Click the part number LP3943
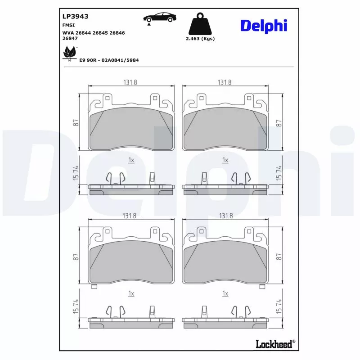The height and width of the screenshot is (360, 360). pos(75,16)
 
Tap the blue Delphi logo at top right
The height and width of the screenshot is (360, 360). pos(263,26)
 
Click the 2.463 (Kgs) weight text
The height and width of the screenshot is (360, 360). pos(200,39)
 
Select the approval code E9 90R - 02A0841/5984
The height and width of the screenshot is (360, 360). pos(108,59)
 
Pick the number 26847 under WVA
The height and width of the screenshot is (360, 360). pos(71,39)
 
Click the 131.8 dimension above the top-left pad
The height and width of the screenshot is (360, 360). pos(130,82)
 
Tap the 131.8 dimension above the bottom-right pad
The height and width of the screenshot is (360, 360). pos(225,216)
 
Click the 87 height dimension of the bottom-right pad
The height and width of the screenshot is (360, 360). pos(279,256)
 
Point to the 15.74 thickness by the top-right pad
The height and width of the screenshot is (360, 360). pos(279,174)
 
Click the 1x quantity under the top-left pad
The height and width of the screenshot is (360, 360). pos(131,160)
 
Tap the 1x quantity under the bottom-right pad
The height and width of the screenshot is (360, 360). pos(225,293)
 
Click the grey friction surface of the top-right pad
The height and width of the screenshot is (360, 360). pos(225,130)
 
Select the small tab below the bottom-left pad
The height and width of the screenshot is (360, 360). pos(94,287)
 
